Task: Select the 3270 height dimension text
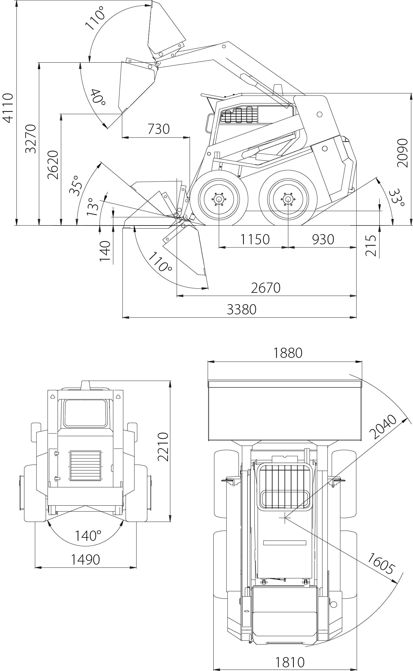[x=31, y=139]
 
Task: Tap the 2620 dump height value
[x=53, y=165]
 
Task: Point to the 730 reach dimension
[x=159, y=129]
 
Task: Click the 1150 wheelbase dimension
[x=255, y=239]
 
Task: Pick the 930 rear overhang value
[x=323, y=239]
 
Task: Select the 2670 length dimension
[x=266, y=288]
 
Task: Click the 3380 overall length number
[x=242, y=309]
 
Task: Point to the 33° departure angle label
[x=396, y=197]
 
